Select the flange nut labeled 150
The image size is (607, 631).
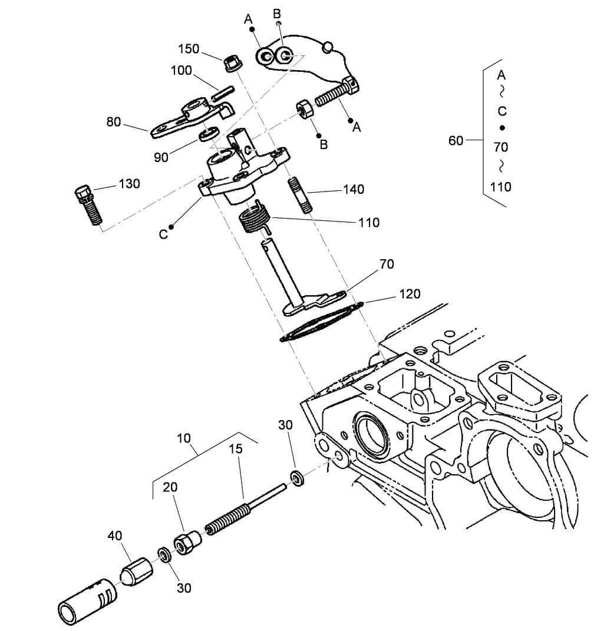click(x=230, y=62)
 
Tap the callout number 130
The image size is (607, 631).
click(x=129, y=183)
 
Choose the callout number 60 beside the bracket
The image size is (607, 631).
click(x=456, y=140)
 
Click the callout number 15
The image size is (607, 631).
click(x=236, y=449)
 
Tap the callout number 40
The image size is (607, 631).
click(x=115, y=536)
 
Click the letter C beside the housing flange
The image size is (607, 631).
click(x=163, y=234)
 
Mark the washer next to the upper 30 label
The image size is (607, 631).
click(x=296, y=478)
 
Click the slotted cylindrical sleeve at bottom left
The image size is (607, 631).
click(x=85, y=601)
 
